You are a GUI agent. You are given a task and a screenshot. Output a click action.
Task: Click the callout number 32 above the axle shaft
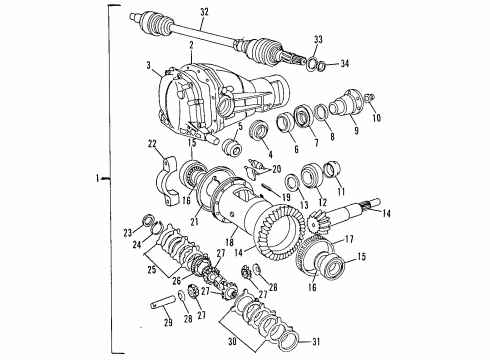pos(204,11)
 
